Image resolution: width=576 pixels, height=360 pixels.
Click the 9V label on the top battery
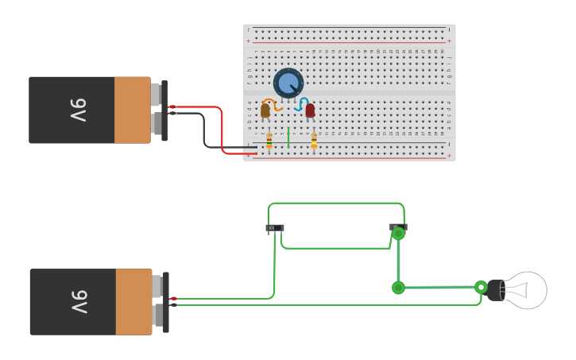click(78, 110)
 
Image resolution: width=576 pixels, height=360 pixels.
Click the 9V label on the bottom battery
click(79, 302)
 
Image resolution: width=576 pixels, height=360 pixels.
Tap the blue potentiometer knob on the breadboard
click(288, 83)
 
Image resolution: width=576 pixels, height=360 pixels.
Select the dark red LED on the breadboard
click(310, 110)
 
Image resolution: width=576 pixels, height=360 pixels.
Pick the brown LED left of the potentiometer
click(265, 110)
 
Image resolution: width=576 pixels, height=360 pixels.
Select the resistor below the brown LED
click(269, 140)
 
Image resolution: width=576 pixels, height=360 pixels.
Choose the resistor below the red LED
click(314, 140)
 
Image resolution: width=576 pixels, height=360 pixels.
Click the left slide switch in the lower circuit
click(274, 228)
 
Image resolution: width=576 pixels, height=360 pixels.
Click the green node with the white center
click(481, 287)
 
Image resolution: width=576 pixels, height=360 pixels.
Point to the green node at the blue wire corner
click(398, 288)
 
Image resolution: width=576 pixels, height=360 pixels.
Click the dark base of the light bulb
click(496, 290)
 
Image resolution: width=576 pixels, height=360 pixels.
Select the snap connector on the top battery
click(164, 110)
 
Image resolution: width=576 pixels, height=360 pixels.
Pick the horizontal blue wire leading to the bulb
click(441, 287)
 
